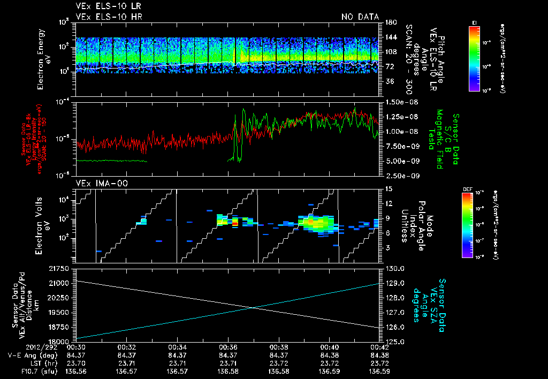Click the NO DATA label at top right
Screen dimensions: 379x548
point(360,17)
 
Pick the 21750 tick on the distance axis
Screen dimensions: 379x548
point(61,268)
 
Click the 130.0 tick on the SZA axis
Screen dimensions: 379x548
point(393,268)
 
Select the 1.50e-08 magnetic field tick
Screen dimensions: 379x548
point(399,102)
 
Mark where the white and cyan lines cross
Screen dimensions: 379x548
point(253,307)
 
